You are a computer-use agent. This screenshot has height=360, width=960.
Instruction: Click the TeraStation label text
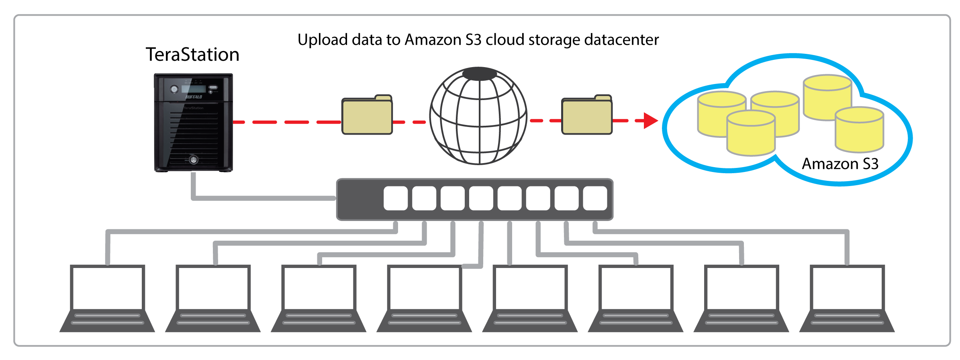click(192, 55)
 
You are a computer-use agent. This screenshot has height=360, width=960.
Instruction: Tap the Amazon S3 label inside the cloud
click(840, 164)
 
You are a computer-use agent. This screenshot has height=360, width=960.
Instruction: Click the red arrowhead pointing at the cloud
click(650, 121)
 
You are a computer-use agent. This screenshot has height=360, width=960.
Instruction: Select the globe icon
click(478, 116)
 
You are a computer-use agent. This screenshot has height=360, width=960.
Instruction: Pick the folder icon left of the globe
click(367, 115)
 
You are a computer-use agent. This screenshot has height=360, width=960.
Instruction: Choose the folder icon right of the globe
click(586, 115)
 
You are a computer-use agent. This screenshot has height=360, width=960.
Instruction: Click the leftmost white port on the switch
click(396, 198)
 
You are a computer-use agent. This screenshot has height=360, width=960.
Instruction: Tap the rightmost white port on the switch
click(595, 198)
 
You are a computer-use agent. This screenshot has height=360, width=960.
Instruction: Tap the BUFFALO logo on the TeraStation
click(194, 97)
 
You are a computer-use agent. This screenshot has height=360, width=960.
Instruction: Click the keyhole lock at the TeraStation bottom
click(194, 160)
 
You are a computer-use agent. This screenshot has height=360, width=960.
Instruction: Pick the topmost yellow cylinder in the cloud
click(827, 96)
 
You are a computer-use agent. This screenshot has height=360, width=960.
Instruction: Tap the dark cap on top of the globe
click(479, 74)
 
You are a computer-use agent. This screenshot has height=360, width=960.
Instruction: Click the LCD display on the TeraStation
click(193, 89)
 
